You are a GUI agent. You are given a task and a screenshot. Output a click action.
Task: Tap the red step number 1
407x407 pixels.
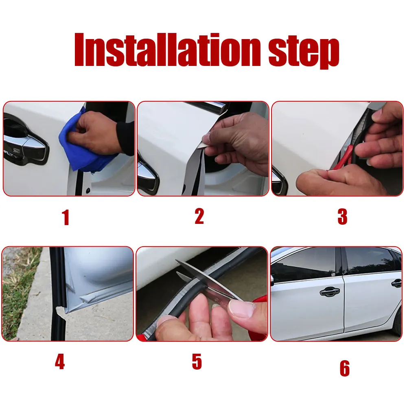click(x=66, y=217)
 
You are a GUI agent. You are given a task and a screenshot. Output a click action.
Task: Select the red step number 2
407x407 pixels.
click(x=199, y=216)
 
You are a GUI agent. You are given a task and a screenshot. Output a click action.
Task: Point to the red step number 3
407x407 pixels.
click(x=342, y=217)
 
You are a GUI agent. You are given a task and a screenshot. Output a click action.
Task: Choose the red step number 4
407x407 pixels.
click(x=60, y=362)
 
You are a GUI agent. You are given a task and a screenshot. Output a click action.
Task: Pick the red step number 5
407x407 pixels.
click(x=197, y=362)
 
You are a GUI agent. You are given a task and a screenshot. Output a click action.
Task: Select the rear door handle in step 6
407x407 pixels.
click(x=396, y=283)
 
